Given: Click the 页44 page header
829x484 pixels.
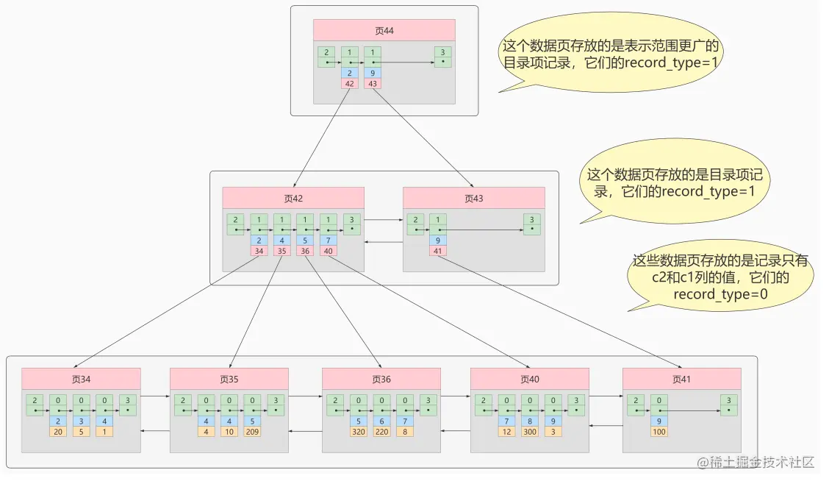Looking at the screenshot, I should tap(384, 30).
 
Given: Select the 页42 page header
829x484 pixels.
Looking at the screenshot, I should tap(293, 198).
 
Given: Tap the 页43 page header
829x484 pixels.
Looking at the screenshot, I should tap(473, 198).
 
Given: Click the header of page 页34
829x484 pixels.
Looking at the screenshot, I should tap(81, 379).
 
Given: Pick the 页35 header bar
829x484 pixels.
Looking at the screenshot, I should tap(229, 379).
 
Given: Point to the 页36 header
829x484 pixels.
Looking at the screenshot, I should tap(381, 379).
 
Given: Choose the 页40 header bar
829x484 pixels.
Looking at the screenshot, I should tap(529, 379).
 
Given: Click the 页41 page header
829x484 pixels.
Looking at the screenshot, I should tap(681, 379).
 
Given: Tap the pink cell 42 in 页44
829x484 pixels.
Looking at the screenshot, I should tap(349, 84).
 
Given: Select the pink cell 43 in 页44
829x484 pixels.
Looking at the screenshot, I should tap(373, 84).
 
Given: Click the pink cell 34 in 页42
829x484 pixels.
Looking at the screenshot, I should tap(259, 251).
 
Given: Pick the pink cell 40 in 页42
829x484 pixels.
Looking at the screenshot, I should tap(329, 251).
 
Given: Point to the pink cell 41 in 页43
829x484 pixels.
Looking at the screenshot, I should tap(438, 251).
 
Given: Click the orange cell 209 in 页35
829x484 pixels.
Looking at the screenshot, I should tap(252, 432).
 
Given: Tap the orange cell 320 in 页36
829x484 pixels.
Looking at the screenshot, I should tap(358, 432).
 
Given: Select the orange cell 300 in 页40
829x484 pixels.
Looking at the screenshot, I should tap(529, 432).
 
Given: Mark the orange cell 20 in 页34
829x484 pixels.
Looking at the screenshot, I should tap(58, 432).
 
